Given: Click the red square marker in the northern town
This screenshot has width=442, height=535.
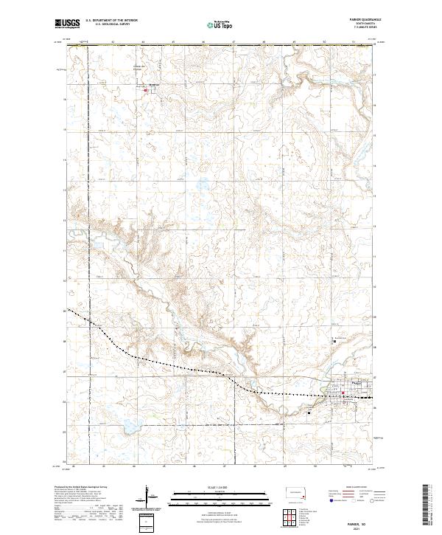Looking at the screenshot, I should pyautogui.click(x=145, y=91).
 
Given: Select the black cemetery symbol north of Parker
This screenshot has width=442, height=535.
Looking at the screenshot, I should pyautogui.click(x=334, y=341).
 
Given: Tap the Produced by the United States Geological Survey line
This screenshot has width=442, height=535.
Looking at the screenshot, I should pyautogui.click(x=82, y=486).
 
